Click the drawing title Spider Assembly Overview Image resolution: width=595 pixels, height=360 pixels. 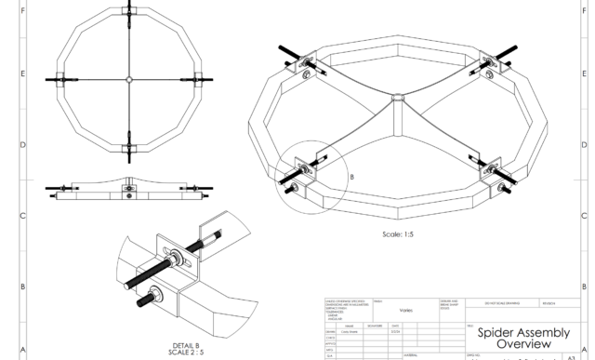tap(521, 337)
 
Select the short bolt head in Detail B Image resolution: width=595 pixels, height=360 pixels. tap(147, 301)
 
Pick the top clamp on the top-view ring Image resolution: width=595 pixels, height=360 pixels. tap(127, 16)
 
